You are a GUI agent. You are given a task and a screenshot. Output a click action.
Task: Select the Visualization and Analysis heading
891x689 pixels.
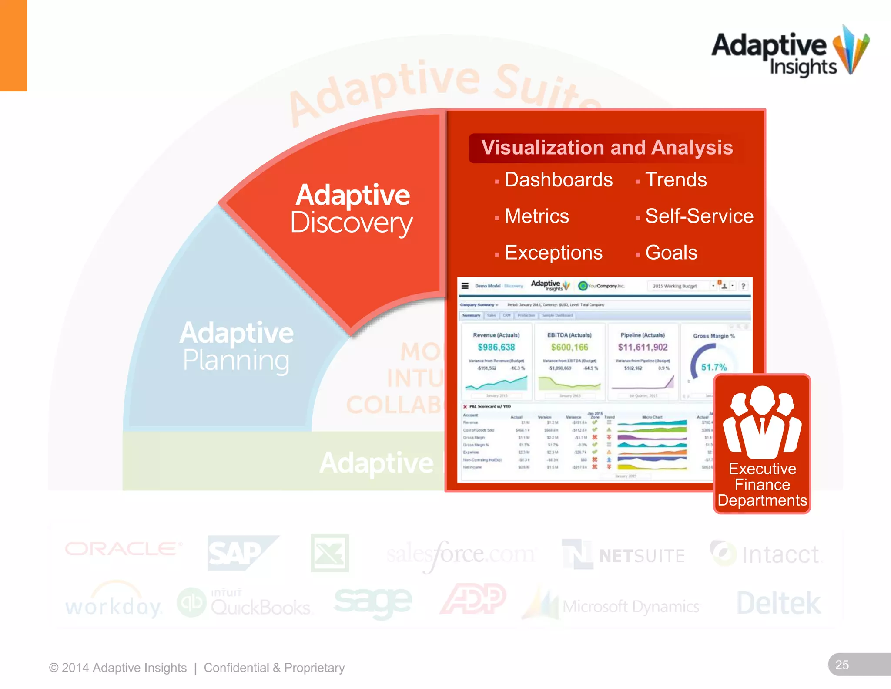(x=606, y=148)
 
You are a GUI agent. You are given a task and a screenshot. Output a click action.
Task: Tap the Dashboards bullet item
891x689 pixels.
(x=558, y=180)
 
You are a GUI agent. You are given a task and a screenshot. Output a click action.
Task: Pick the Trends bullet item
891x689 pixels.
(x=676, y=180)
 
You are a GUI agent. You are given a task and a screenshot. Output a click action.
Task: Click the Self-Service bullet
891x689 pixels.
(x=699, y=216)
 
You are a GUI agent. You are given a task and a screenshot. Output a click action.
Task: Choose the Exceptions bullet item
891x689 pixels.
(x=553, y=253)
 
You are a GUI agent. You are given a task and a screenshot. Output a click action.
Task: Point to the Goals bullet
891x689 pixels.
(x=671, y=253)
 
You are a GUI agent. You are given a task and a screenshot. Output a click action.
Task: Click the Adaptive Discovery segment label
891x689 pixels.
(x=352, y=209)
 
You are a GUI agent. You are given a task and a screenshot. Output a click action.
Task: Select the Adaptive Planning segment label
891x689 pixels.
(x=236, y=347)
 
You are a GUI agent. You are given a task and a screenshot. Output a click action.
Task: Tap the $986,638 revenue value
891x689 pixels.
(x=496, y=347)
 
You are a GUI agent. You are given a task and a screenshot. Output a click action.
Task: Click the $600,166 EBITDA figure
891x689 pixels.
(x=569, y=347)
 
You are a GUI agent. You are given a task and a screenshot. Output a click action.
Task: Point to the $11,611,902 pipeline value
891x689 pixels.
(x=643, y=347)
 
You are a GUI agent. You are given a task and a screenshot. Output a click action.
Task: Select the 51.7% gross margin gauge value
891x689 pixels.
(x=713, y=367)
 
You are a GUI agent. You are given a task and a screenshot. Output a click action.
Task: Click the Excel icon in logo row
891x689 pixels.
(x=329, y=553)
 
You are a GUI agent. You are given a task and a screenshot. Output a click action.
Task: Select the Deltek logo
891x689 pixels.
(x=778, y=604)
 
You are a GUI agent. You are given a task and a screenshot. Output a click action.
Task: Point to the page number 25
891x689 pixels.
(x=842, y=665)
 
